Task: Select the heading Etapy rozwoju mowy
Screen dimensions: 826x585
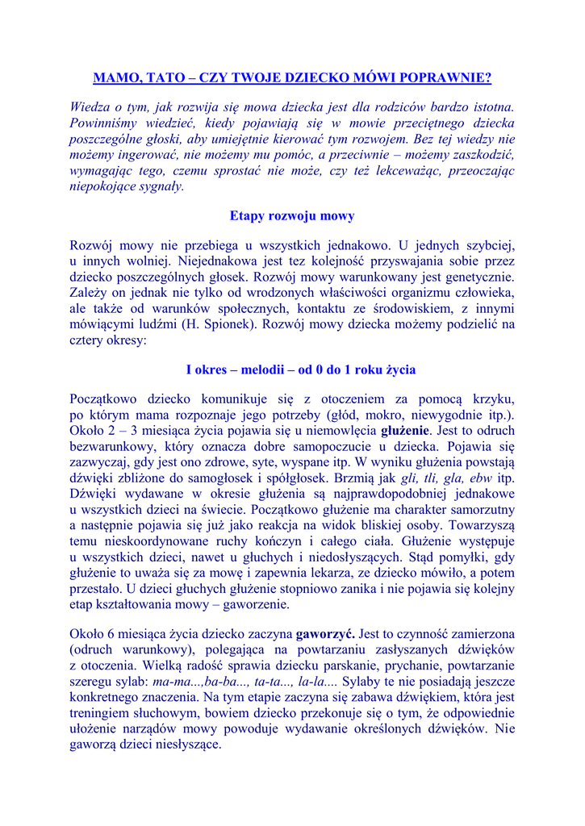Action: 292,216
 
